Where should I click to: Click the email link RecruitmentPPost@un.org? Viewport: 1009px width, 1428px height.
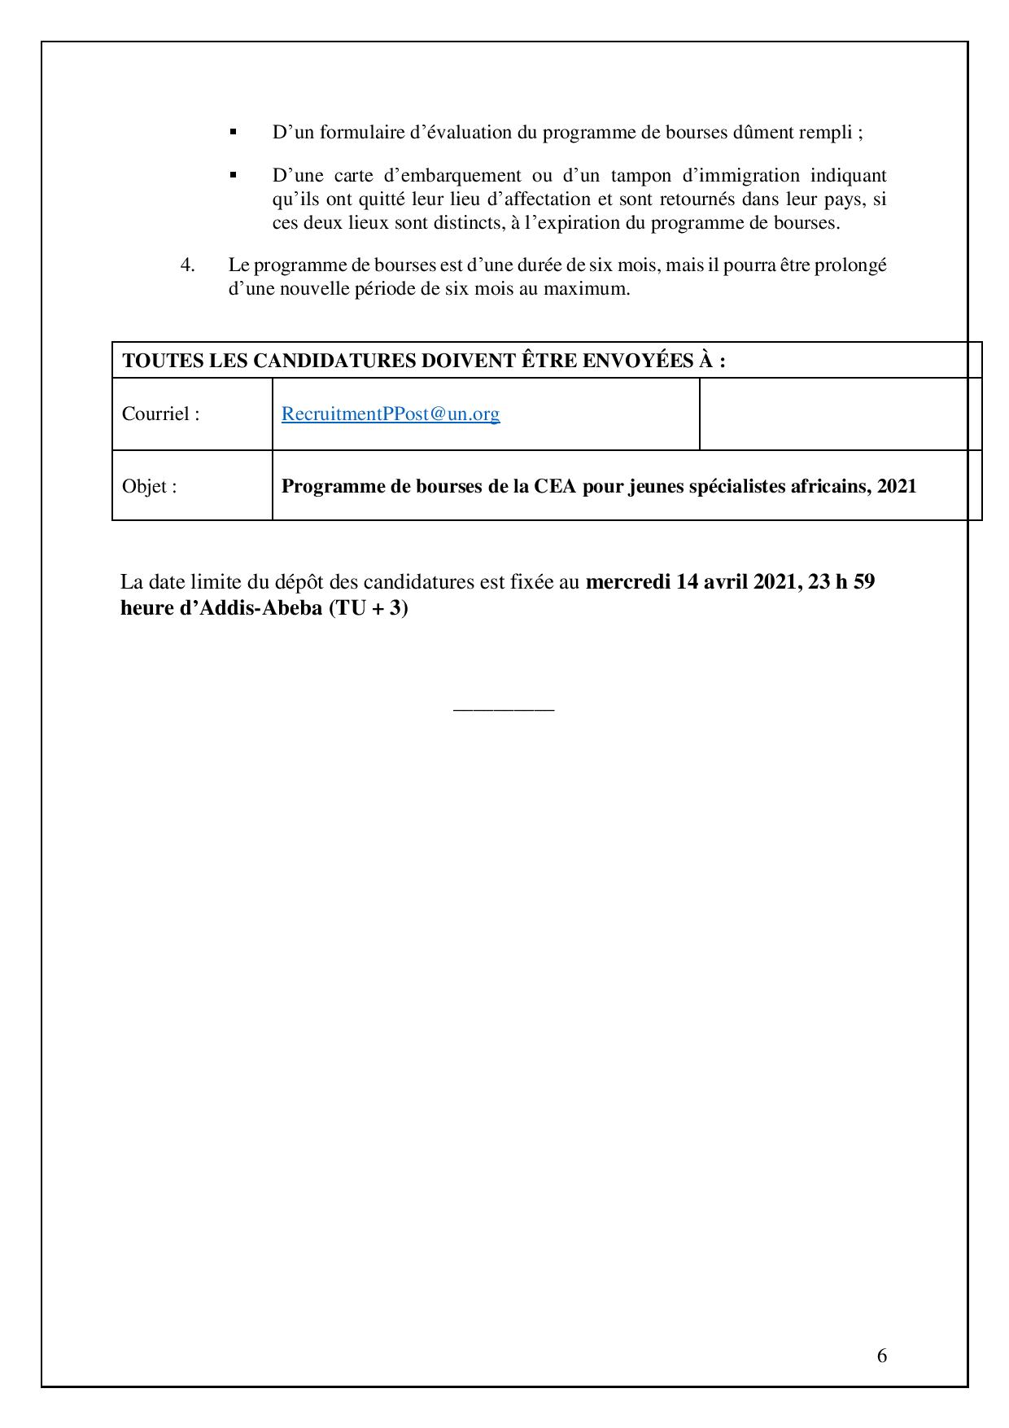391,414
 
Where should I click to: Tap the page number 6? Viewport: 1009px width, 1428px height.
882,1356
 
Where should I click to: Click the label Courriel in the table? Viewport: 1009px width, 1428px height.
160,414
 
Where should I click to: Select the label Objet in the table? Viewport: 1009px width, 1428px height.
149,486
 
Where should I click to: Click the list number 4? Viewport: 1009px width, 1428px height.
187,265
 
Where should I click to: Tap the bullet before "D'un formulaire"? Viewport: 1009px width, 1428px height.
234,131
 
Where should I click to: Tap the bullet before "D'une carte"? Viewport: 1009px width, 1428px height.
234,174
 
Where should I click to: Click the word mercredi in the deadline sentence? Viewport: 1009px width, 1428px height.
627,582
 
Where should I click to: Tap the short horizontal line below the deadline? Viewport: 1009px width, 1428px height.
504,710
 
